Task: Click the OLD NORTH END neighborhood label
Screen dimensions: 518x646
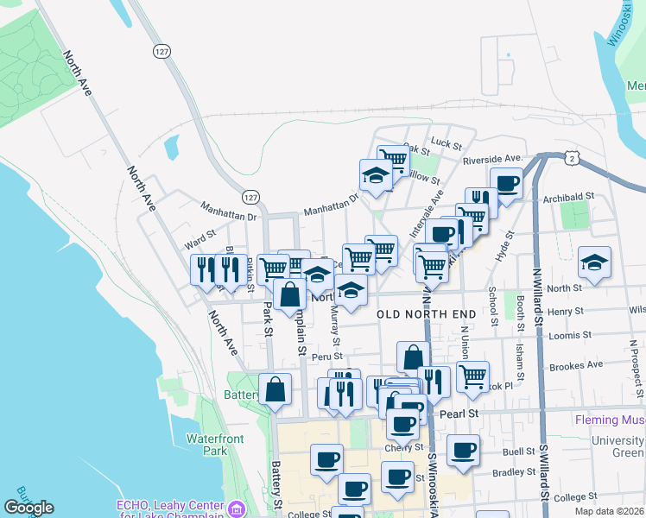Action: pos(420,315)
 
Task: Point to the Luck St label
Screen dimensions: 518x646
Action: pos(446,143)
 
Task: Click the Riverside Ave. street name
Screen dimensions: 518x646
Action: pos(493,159)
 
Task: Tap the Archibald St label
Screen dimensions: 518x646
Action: pos(568,197)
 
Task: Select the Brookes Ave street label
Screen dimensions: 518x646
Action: pos(576,365)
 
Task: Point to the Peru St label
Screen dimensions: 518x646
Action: pos(327,356)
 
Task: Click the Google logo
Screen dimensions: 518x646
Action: pos(28,508)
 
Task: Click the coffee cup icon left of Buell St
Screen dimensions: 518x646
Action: pos(463,450)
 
